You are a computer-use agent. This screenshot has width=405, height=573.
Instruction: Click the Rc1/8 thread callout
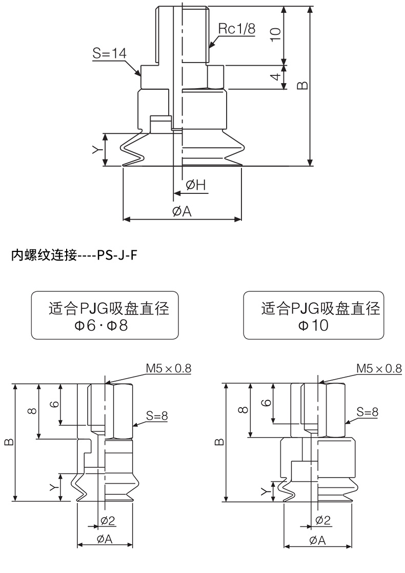(x=236, y=28)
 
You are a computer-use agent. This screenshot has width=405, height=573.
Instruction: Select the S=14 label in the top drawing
(x=109, y=53)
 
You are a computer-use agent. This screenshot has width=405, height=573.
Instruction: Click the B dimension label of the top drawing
(x=302, y=85)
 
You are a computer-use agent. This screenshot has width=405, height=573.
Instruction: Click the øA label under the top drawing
(x=182, y=211)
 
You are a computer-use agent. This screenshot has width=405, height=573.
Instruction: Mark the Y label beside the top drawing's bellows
(x=96, y=149)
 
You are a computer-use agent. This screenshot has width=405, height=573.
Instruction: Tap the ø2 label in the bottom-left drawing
(x=108, y=521)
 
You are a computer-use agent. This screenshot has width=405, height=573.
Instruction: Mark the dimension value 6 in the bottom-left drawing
(x=54, y=404)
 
